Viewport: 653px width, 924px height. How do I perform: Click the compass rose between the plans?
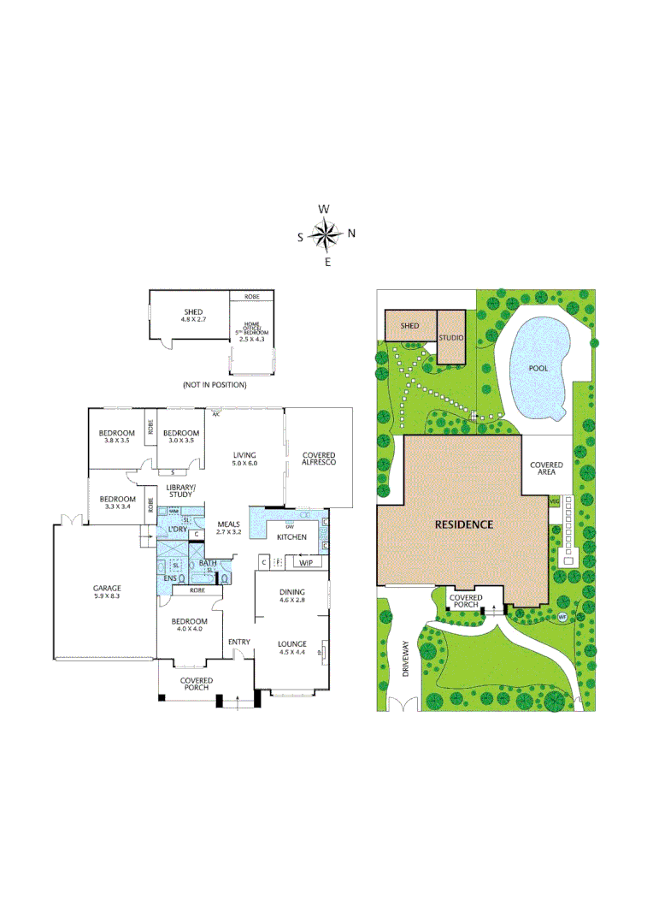coord(326,234)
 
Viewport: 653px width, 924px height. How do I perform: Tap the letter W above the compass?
coord(324,209)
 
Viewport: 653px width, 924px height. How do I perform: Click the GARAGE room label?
coord(107,593)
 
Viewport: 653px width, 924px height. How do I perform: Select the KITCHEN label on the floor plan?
coord(291,536)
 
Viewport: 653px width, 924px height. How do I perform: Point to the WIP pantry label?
coord(305,562)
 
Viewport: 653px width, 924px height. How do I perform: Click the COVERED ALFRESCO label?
coord(318,459)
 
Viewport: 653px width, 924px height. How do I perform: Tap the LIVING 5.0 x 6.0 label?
coord(244,459)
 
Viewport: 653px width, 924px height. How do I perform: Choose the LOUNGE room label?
coord(291,648)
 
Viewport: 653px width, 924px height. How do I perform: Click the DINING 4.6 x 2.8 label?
coord(292,596)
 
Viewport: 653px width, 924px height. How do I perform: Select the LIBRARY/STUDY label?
coord(180,491)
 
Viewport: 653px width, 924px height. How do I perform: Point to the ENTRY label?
coord(238,642)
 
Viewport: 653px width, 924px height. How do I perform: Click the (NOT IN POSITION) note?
coord(215,385)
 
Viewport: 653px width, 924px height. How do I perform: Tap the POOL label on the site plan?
coord(538,369)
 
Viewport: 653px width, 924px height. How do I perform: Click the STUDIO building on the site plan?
coord(451,338)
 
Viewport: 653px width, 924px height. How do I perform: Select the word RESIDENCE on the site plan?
coord(463,524)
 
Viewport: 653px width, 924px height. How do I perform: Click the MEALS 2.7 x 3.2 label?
coord(229,528)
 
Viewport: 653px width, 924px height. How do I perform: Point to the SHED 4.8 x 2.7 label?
coord(189,315)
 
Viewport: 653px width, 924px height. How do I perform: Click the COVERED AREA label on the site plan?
coord(546,470)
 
